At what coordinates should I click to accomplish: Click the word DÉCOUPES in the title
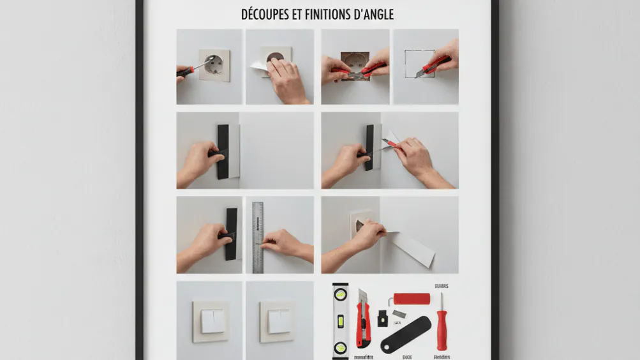[x=265, y=14]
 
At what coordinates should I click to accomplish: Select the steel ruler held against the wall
[x=258, y=236]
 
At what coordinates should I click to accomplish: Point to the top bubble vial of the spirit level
[x=340, y=296]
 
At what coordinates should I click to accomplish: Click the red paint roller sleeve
[x=412, y=299]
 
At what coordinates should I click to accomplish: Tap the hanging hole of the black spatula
[x=389, y=347]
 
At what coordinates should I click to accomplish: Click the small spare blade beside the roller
[x=398, y=313]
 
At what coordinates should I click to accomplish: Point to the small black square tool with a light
[x=383, y=315]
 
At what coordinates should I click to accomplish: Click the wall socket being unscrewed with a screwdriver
[x=214, y=65]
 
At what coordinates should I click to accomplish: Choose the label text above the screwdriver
[x=442, y=286]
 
